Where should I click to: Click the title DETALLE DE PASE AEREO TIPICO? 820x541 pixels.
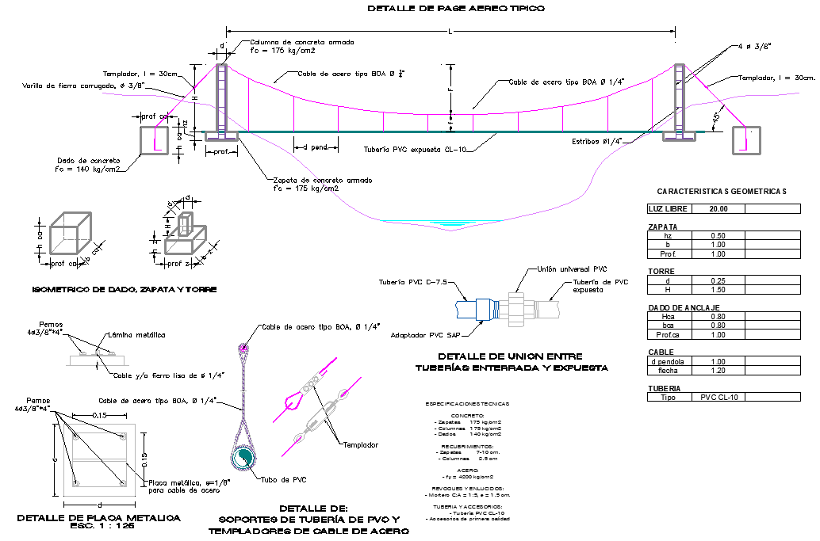pos(456,8)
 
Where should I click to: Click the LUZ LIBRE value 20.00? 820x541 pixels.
pos(718,209)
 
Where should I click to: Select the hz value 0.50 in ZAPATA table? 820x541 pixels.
pos(718,236)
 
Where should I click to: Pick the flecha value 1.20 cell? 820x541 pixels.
pos(718,370)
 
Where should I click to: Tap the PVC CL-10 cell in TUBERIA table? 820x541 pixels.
pos(718,397)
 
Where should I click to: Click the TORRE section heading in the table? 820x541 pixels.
pos(661,271)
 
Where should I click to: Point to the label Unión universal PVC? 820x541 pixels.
pos(573,269)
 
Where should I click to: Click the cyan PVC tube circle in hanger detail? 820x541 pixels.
pos(245,457)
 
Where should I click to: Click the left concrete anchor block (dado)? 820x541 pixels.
pos(155,139)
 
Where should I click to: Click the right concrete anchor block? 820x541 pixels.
pos(745,139)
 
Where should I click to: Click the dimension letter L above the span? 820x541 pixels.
pos(450,31)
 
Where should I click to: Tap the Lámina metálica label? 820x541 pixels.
pos(144,335)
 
